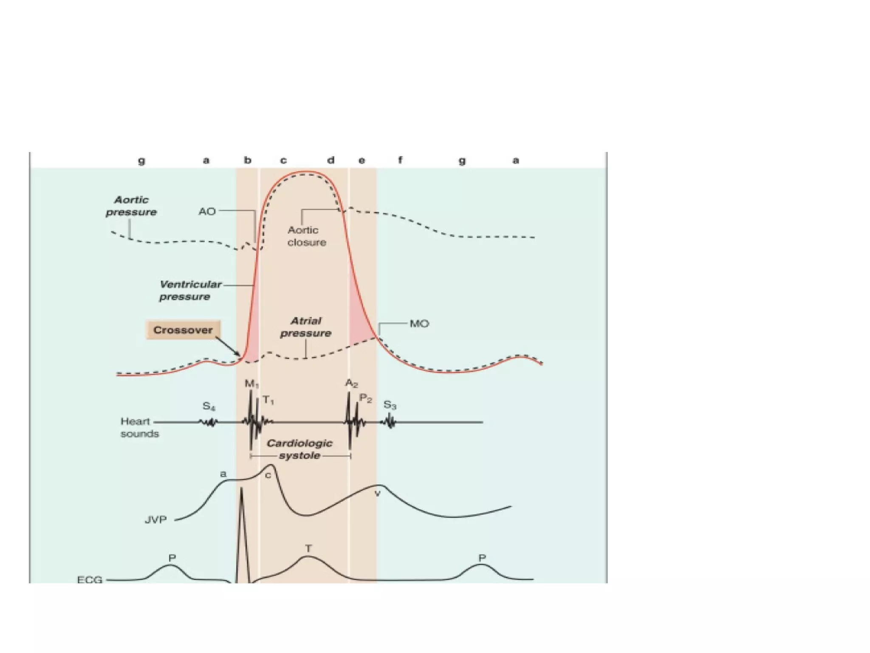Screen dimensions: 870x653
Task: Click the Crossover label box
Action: [x=183, y=330]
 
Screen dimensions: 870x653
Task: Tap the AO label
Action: [x=207, y=211]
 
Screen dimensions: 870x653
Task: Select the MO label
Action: [x=419, y=324]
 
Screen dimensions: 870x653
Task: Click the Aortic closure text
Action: [x=307, y=236]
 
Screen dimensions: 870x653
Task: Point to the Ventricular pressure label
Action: [x=190, y=290]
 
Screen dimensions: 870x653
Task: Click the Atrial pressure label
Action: [x=306, y=327]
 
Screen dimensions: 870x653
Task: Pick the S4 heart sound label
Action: [x=209, y=406]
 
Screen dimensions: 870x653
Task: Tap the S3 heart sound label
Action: [x=390, y=405]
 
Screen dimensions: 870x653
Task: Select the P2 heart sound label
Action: [x=366, y=398]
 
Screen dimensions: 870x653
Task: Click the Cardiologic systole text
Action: [x=299, y=449]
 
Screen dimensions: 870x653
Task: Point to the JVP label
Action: [x=156, y=520]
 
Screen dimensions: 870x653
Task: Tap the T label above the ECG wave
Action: [x=308, y=548]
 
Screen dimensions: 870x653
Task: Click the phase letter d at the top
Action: [x=330, y=160]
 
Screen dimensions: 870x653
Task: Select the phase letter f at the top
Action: [x=400, y=160]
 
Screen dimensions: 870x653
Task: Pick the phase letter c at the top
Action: [x=283, y=160]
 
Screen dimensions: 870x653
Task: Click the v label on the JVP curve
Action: [x=377, y=494]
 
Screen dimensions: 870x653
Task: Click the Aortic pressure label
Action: [x=131, y=206]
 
